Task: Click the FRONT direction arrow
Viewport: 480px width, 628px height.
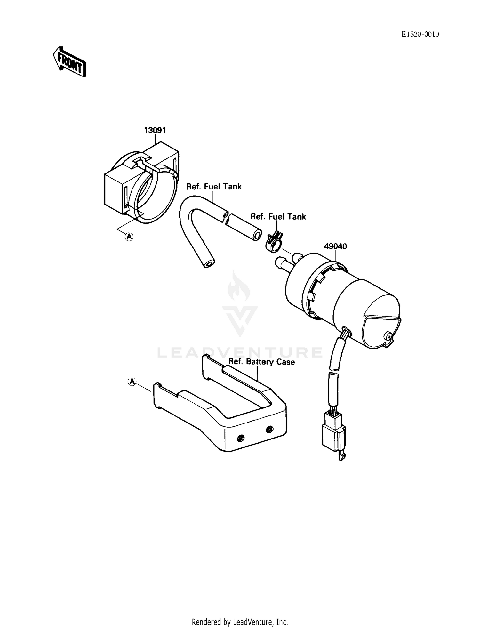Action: tap(69, 61)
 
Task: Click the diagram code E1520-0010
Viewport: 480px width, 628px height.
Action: tap(420, 35)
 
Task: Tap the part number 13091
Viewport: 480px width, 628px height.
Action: tap(155, 130)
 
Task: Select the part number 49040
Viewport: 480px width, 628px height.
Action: tap(335, 246)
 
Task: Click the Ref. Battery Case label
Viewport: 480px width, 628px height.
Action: tap(261, 362)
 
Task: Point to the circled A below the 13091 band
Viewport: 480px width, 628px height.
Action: tap(129, 237)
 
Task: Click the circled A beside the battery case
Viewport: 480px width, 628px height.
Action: tap(132, 382)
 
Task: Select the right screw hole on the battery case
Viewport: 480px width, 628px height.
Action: tap(269, 429)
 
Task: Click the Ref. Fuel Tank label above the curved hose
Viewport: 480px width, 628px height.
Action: tap(214, 187)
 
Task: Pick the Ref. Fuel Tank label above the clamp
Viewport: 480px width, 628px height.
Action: tap(278, 217)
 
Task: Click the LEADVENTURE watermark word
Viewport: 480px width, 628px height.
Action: tap(240, 352)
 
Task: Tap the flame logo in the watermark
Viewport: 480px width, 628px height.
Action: tap(239, 286)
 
